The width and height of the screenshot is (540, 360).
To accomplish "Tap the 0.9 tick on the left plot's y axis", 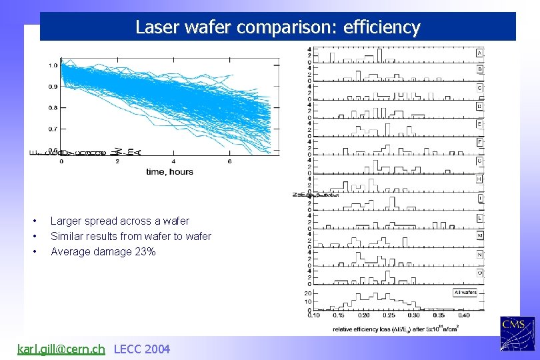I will click(53, 86).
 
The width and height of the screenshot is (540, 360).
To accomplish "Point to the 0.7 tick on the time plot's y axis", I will click(53, 129).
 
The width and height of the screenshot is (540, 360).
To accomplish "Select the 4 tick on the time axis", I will click(173, 161).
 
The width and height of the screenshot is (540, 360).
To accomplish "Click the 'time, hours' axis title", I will click(169, 172).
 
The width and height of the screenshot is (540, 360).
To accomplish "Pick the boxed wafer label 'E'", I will click(480, 124).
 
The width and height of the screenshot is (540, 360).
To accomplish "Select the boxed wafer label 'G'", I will click(480, 161).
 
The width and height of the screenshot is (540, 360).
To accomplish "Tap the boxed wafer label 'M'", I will click(480, 235).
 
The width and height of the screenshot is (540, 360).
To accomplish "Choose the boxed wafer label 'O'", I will click(480, 272).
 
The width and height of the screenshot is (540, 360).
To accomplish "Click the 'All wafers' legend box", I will click(465, 292).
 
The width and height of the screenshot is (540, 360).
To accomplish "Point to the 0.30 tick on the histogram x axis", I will click(414, 315).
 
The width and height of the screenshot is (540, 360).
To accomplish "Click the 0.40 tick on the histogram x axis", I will click(463, 315).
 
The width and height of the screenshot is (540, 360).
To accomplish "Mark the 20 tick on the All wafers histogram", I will click(308, 293).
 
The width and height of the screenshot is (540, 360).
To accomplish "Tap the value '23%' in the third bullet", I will click(146, 252).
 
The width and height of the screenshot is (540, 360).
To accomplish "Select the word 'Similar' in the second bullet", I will click(67, 236).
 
